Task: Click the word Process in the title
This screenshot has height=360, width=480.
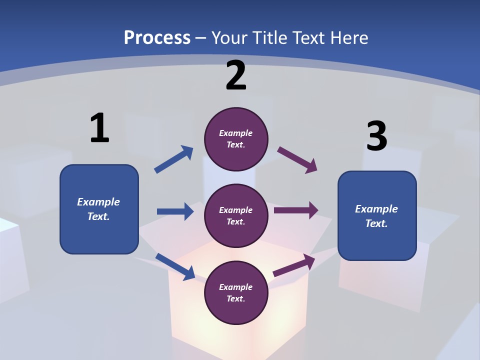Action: pos(157,37)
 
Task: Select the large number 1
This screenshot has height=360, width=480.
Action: pos(99,128)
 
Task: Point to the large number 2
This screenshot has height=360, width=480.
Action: pos(236,76)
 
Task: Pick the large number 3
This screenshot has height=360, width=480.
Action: pos(377,136)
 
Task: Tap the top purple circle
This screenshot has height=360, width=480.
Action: pos(236,139)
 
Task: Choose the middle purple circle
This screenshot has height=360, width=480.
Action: pos(236,216)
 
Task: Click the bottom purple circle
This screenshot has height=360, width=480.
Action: pos(236,293)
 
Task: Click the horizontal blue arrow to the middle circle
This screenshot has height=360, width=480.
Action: pos(175,211)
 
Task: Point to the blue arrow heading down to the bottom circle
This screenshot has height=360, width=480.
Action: pos(175,266)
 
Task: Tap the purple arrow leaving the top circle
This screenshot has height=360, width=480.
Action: pos(297,160)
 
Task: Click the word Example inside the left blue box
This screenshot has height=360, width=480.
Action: pos(98,202)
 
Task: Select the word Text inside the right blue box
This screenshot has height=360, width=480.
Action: pos(376,223)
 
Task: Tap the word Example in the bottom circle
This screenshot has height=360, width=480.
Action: pos(235,287)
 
